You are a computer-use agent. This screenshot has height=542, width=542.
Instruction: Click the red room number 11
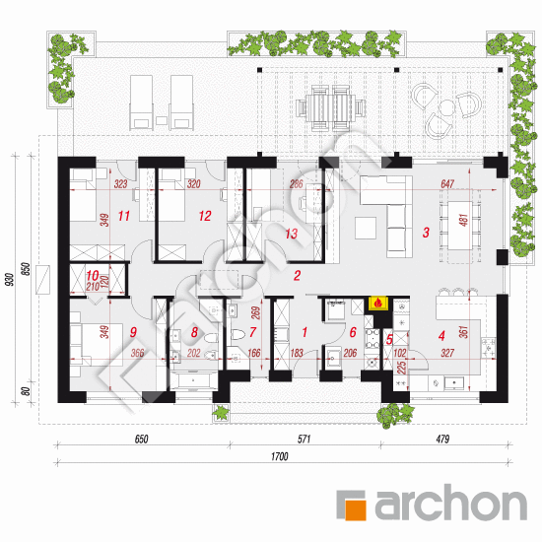(x=124, y=216)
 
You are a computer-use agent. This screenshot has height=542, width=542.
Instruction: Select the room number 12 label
(x=205, y=216)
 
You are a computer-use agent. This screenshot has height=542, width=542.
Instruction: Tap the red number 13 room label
(x=291, y=234)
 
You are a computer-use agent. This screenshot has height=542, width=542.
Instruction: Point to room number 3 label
(x=426, y=233)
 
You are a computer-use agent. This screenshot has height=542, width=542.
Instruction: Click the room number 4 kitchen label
(x=441, y=336)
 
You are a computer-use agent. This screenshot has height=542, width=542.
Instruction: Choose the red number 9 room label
(x=133, y=332)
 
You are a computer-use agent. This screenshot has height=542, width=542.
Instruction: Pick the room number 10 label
(x=93, y=276)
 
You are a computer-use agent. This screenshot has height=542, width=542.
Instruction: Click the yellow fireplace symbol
(x=378, y=304)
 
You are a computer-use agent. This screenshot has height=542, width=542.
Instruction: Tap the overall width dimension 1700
(x=279, y=456)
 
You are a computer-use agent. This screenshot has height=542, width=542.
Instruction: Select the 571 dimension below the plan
(x=304, y=439)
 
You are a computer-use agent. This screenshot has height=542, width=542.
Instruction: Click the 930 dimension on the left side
(x=11, y=279)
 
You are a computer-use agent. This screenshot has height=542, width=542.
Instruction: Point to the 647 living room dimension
(x=447, y=184)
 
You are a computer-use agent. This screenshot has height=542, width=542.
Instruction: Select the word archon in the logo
(x=451, y=502)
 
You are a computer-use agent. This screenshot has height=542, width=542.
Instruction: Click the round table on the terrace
(x=447, y=107)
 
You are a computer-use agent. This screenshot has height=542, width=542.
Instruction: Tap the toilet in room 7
(x=237, y=334)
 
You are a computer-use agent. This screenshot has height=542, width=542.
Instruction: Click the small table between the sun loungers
(x=162, y=120)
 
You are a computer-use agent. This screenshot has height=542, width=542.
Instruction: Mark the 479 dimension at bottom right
(x=442, y=439)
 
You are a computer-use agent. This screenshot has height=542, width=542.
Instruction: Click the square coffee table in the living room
(x=366, y=228)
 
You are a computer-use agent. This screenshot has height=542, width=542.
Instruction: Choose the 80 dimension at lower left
(x=26, y=391)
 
